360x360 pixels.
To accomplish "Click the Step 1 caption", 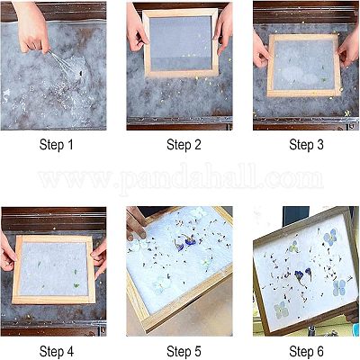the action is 56,145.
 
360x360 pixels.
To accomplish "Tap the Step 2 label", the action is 184,145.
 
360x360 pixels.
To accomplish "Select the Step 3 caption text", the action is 306,145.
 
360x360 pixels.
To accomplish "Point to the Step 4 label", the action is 56,351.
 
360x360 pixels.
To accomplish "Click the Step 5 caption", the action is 184,351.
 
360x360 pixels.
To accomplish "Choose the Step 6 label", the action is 306,351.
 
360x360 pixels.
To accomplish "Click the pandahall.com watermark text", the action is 181,178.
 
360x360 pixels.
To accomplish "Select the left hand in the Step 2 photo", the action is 136,29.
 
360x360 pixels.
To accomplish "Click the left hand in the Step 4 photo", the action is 8,252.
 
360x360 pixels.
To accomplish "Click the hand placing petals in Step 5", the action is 136,223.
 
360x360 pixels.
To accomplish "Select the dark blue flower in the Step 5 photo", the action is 185,242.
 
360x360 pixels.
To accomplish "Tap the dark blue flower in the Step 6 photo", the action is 302,275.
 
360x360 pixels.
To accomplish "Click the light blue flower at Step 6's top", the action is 330,237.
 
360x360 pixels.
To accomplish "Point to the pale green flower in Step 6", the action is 281,310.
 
